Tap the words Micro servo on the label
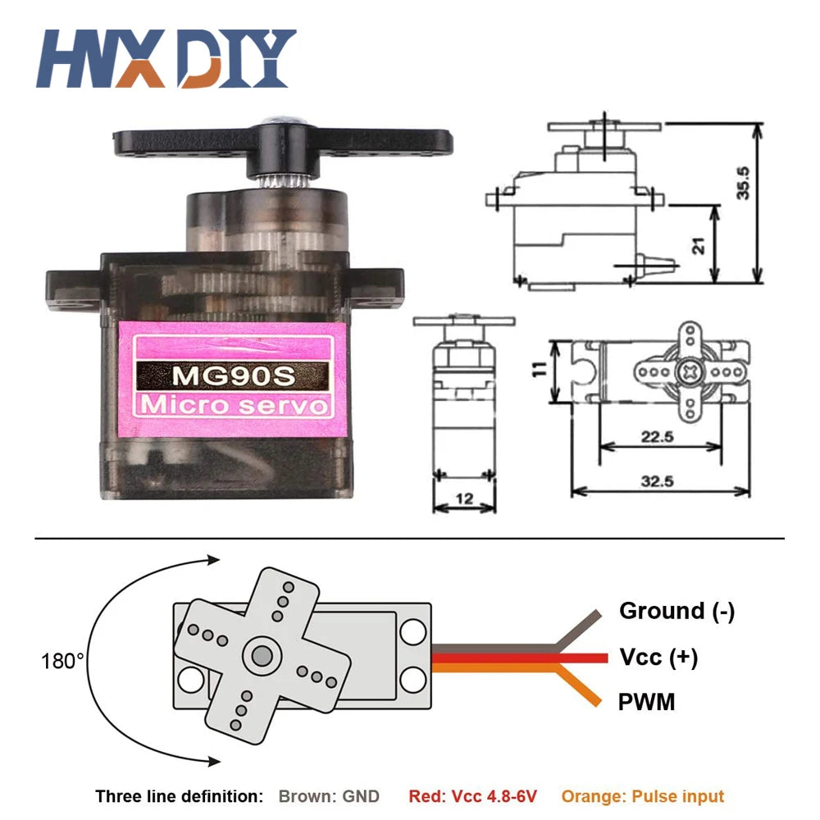[233, 405]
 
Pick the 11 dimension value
[538, 370]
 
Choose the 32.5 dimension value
[658, 482]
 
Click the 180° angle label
[62, 660]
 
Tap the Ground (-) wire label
[676, 611]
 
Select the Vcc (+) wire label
[658, 657]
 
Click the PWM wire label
[647, 702]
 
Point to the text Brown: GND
[329, 796]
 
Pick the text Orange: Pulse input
[643, 796]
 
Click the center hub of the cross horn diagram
[262, 654]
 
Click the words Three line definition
[179, 796]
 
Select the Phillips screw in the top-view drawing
[688, 372]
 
